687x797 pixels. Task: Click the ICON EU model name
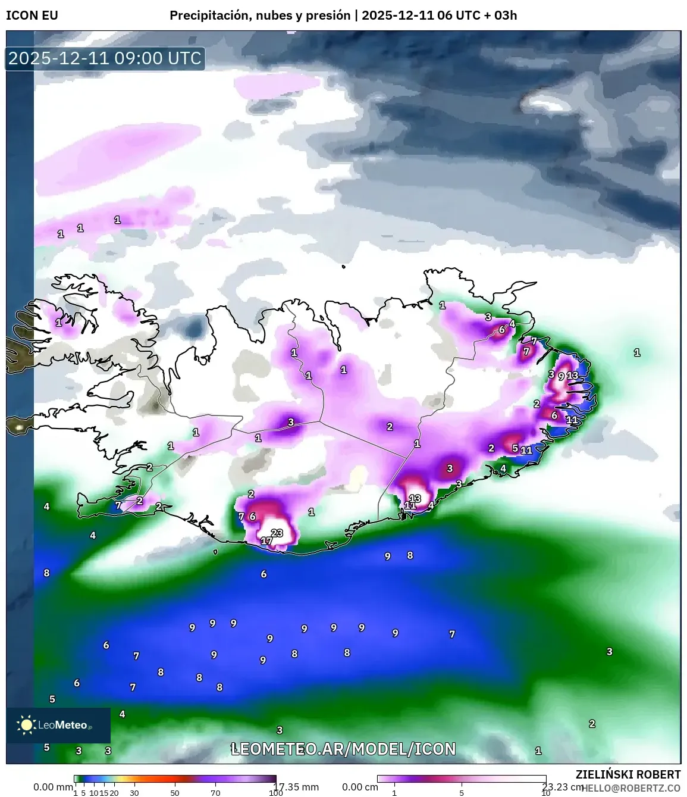click(32, 15)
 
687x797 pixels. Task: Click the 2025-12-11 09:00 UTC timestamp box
click(105, 58)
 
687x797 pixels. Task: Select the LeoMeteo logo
click(58, 725)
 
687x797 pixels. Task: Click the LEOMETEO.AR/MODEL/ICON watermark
click(343, 749)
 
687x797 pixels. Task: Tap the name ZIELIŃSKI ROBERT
click(628, 774)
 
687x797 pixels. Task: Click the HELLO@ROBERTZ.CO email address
click(632, 788)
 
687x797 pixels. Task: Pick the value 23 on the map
click(277, 533)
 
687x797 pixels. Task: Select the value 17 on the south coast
click(266, 541)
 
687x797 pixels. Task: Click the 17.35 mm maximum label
click(297, 787)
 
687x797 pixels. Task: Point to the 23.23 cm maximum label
click(563, 787)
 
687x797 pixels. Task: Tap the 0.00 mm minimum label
click(53, 787)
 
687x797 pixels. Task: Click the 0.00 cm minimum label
click(360, 787)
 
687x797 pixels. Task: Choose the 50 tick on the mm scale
click(175, 793)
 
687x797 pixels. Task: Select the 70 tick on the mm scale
click(215, 793)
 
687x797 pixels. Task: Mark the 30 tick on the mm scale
click(134, 793)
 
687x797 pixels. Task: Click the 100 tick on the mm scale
click(275, 793)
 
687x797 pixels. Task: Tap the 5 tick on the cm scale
click(462, 793)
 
